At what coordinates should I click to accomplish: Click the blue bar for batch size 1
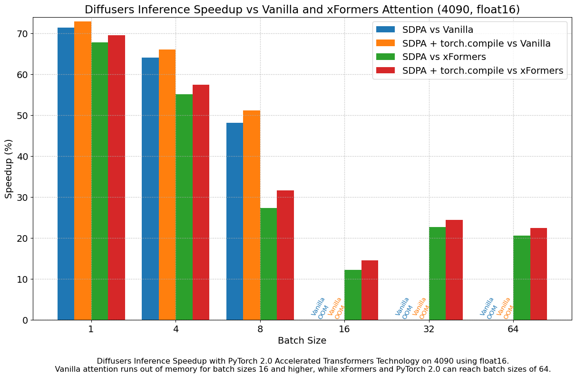66,174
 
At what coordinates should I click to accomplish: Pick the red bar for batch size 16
370,290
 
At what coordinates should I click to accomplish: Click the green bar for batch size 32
437,273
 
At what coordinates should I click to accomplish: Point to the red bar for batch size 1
117,178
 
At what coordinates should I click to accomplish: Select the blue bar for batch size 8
234,221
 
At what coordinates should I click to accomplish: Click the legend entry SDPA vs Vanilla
438,30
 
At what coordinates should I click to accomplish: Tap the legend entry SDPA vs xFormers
444,57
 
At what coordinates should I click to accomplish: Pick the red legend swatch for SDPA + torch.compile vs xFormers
385,71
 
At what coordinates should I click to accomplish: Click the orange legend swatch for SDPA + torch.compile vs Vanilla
385,43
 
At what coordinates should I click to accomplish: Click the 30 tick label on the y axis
22,198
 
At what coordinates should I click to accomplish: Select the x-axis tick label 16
344,329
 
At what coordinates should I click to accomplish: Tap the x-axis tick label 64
513,329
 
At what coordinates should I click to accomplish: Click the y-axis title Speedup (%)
9,169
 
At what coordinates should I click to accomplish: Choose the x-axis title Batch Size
302,341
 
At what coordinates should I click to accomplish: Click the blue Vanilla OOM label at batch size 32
403,308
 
